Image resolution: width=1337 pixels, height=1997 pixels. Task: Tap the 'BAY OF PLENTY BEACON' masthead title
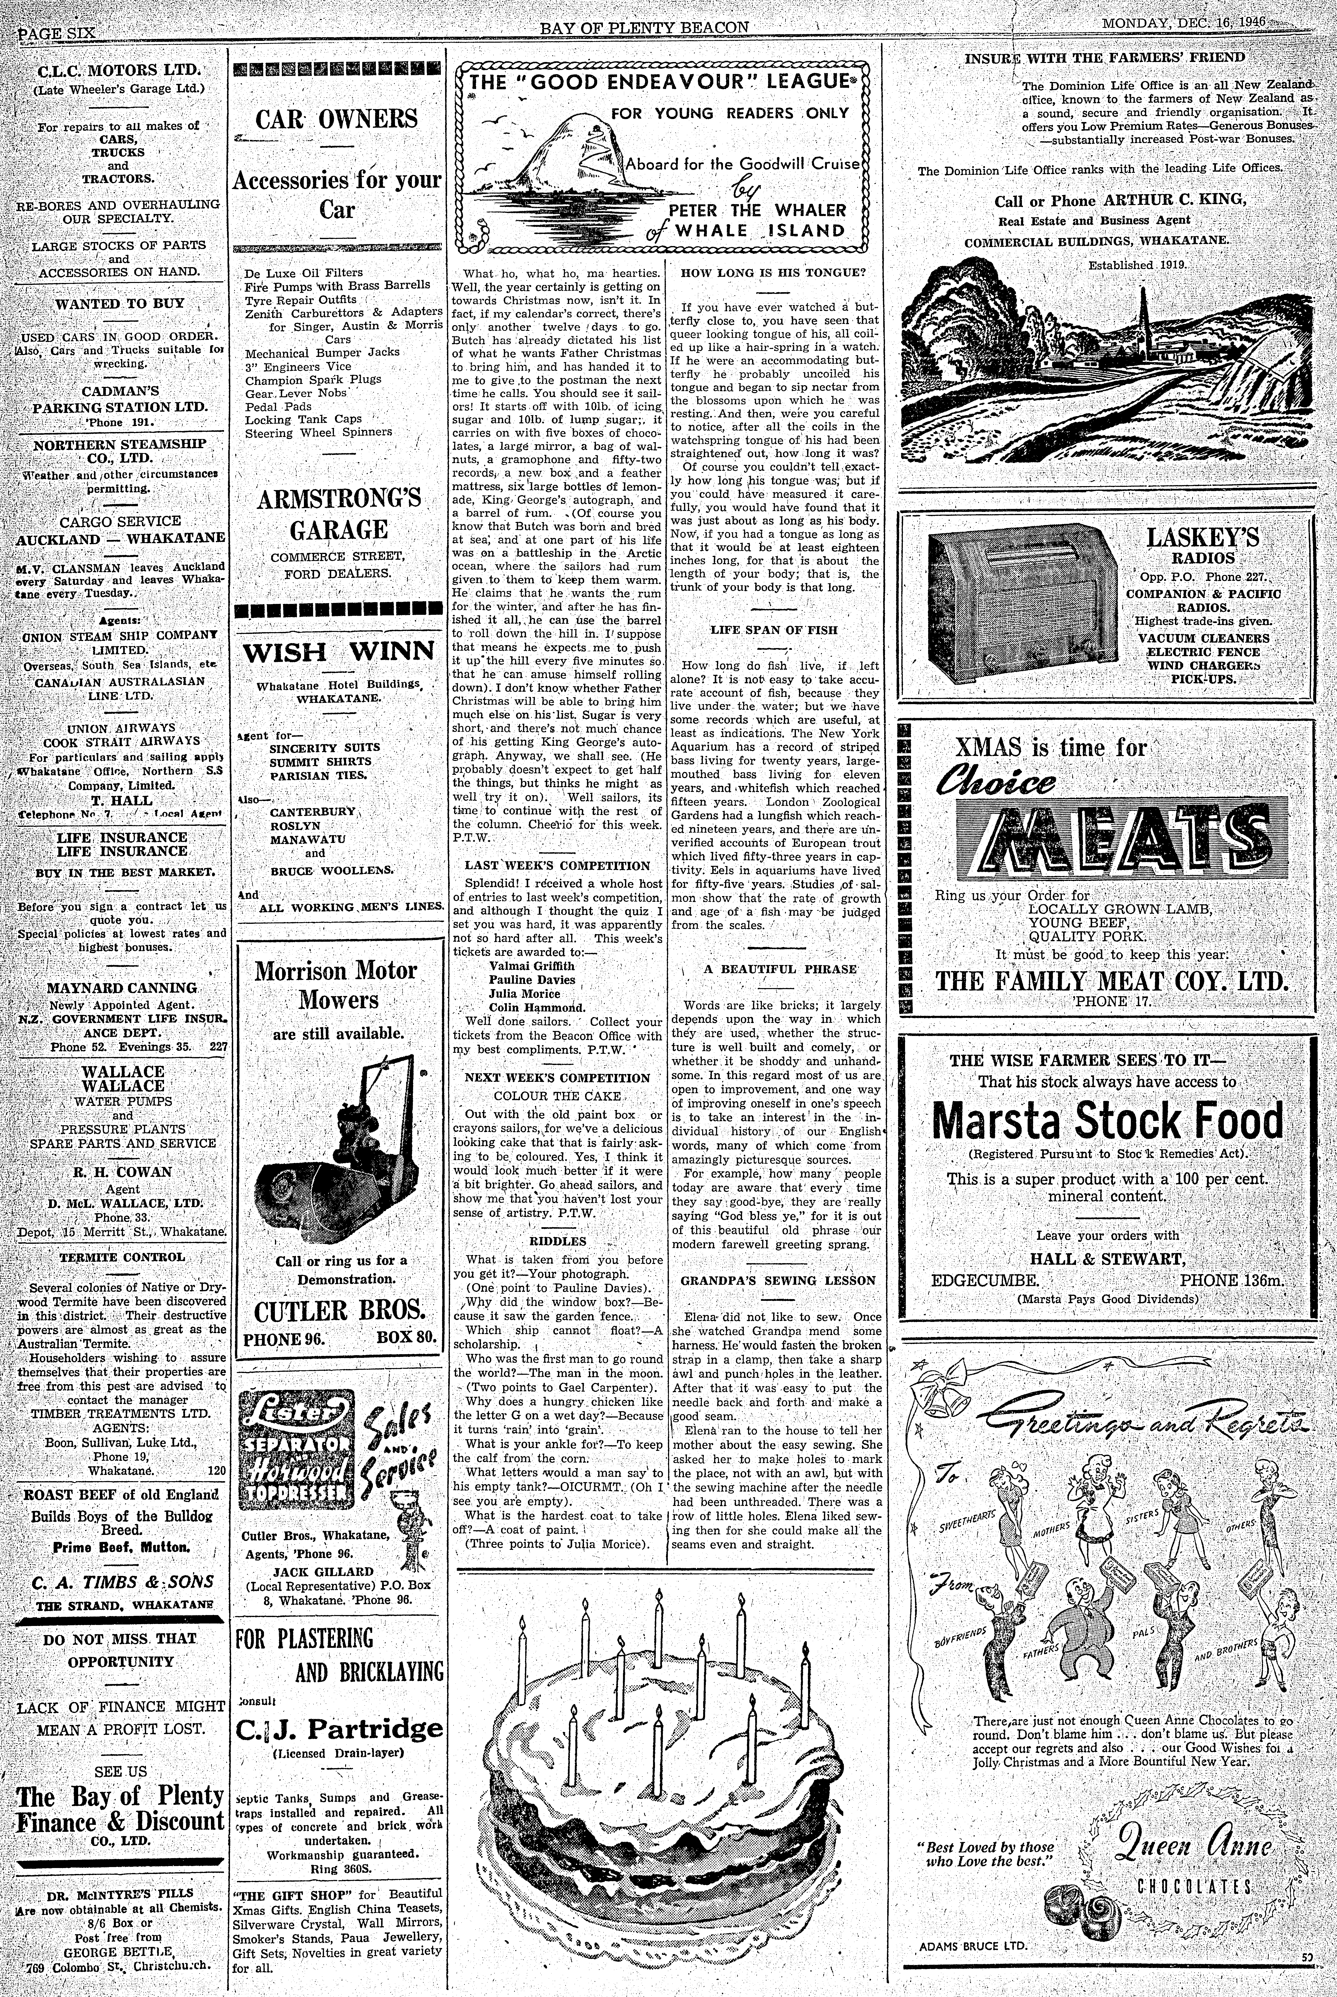pyautogui.click(x=644, y=27)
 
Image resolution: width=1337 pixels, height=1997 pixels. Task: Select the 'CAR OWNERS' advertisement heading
pyautogui.click(x=338, y=119)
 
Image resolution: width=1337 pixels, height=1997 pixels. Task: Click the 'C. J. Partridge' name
pyautogui.click(x=338, y=1729)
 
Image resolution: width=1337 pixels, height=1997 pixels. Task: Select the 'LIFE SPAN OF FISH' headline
pyautogui.click(x=773, y=630)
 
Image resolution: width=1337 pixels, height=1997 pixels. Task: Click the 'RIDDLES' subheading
pyautogui.click(x=558, y=1241)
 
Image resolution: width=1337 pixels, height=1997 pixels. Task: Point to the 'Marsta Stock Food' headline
pyautogui.click(x=1107, y=1120)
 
